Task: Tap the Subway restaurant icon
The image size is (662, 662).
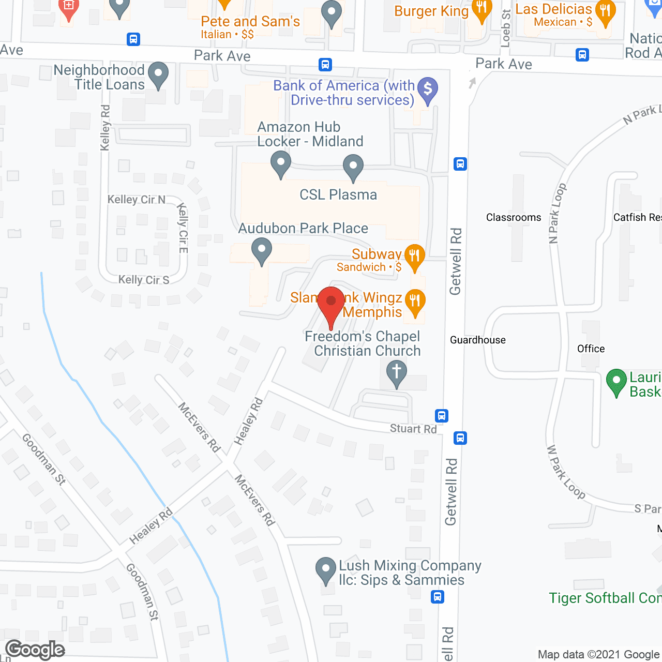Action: point(414,257)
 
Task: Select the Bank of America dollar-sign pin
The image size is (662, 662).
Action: point(428,90)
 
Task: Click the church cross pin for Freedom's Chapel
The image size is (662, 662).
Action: point(397,373)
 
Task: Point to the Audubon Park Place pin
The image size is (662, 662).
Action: point(262,251)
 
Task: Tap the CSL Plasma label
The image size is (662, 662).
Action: point(338,195)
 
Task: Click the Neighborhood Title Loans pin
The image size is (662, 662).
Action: point(158,75)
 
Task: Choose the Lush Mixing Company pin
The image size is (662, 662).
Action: point(326,570)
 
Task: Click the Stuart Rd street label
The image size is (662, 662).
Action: point(413,428)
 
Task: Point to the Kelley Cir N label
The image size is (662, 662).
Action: point(136,200)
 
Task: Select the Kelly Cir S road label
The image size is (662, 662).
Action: point(144,280)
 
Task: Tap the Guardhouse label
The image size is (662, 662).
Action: point(478,340)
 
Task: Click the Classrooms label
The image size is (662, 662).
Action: point(514,218)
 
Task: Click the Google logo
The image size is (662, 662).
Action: point(35,650)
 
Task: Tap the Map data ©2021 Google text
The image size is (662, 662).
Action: point(598,655)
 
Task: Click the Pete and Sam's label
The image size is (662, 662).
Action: point(250,22)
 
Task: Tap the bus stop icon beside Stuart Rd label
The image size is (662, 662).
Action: point(441,416)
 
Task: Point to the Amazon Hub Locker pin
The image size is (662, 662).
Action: point(280,164)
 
